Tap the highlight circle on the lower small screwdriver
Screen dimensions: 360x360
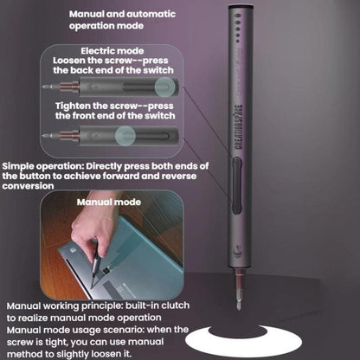click(x=128, y=135)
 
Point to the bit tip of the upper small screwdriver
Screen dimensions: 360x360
click(x=44, y=87)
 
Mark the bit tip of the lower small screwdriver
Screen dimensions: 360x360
click(x=44, y=135)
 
